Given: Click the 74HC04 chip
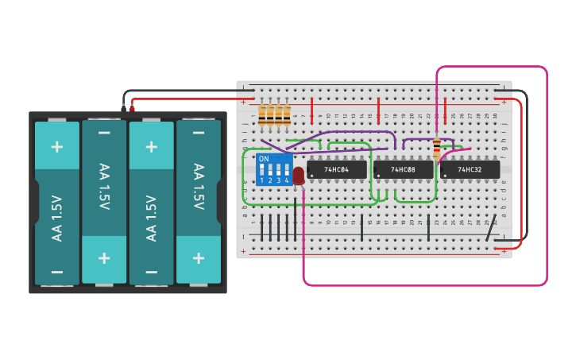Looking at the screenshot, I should (337, 169).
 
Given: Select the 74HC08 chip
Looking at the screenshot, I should (403, 169).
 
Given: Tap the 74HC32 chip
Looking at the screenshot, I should (470, 169).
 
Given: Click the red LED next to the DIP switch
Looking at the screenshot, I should (299, 176).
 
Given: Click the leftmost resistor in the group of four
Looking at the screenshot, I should (262, 115).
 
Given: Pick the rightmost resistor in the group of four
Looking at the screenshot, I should (287, 115).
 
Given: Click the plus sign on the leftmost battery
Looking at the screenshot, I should (56, 146).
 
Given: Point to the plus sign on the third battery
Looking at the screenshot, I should (151, 146).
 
